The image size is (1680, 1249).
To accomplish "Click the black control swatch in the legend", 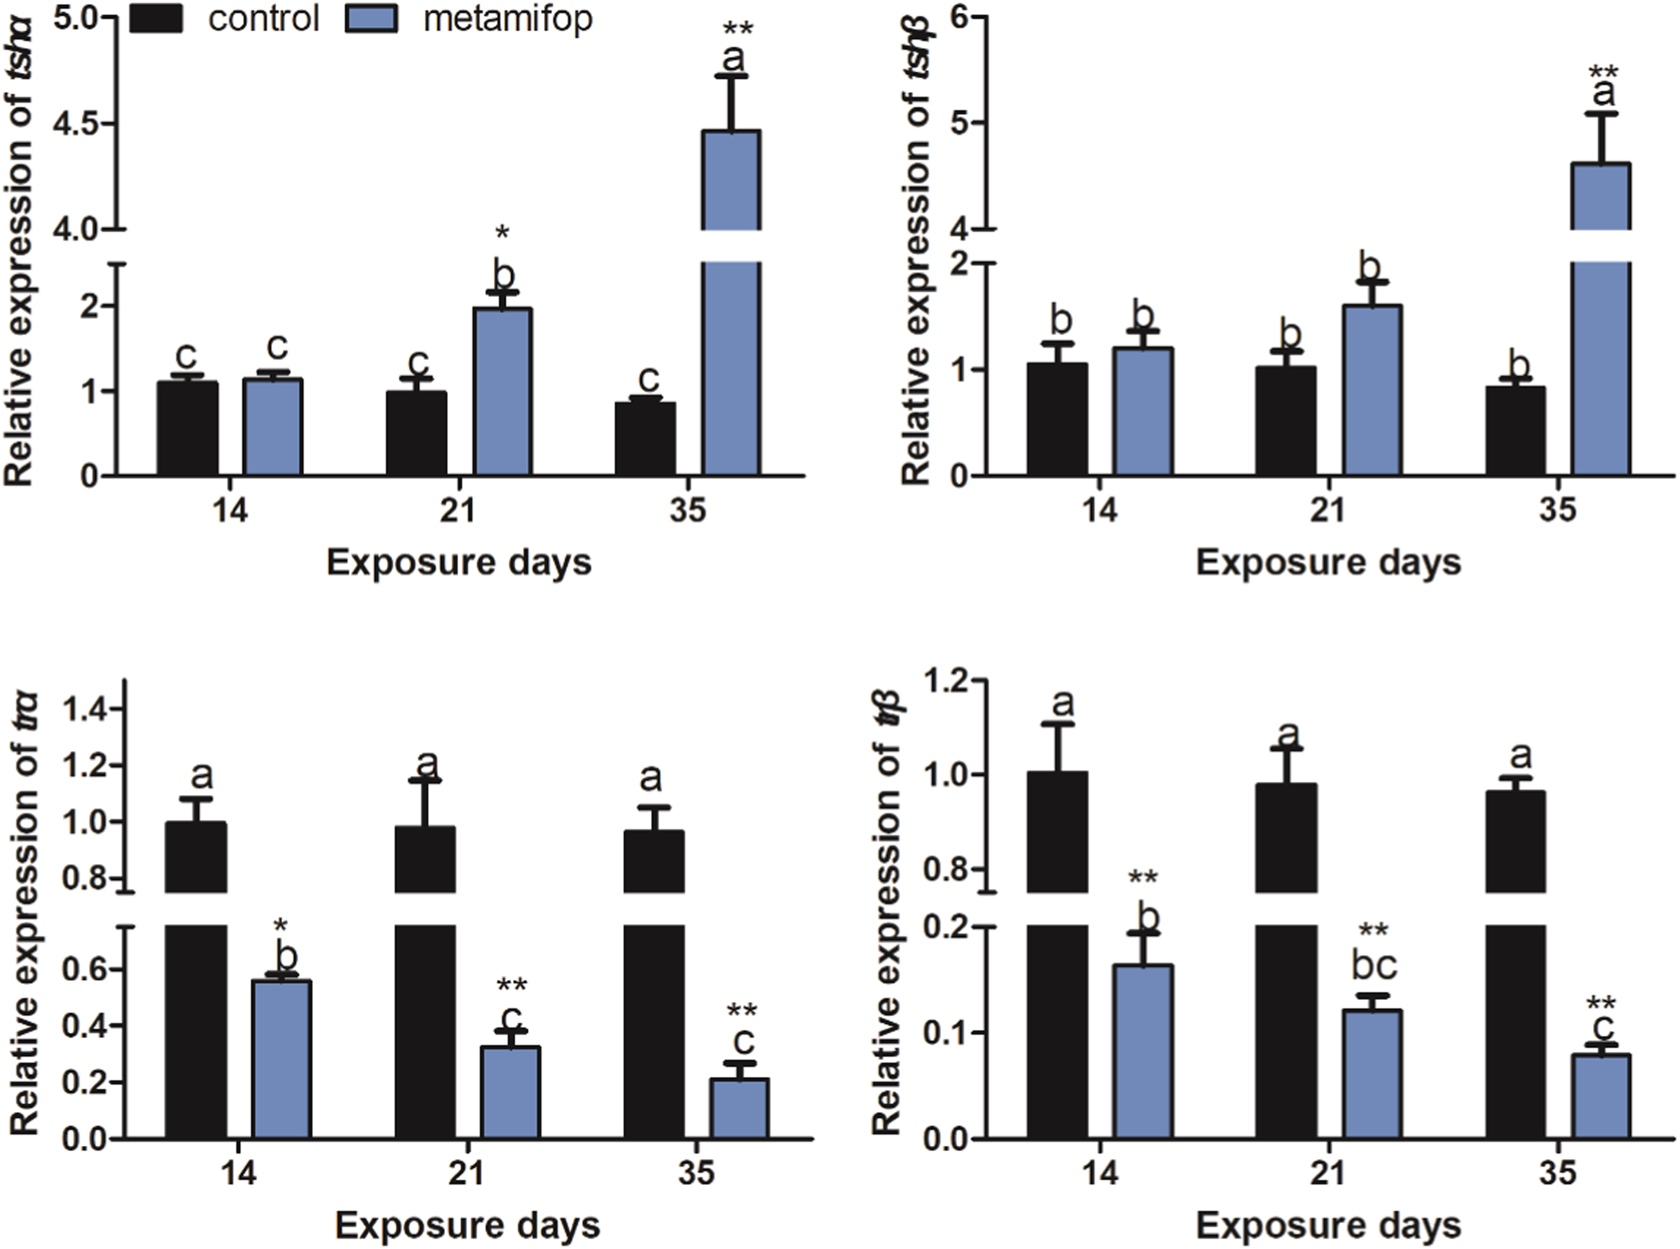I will point(156,18).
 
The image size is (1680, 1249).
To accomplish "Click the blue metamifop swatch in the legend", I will point(371,18).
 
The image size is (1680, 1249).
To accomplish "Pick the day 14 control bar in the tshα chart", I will point(188,428).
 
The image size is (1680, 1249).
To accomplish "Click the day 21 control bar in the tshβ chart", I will point(1285,421).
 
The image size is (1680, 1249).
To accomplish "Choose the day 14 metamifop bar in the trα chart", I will point(282,1058).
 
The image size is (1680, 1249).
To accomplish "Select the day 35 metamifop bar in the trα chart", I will point(739,1108).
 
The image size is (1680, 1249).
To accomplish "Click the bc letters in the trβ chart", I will point(1374,966).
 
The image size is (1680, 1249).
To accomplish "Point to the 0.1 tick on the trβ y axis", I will point(947,1033).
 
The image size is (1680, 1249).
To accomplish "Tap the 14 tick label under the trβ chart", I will point(1100,1173).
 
